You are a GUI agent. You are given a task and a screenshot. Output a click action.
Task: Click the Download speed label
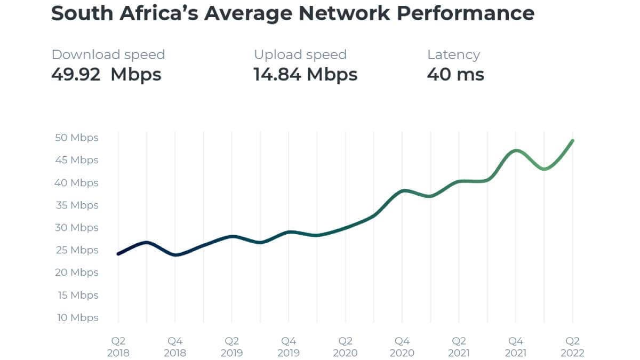click(x=108, y=54)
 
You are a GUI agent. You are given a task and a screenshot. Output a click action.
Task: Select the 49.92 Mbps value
click(x=106, y=74)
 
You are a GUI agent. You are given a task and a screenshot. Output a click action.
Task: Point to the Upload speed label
click(x=300, y=54)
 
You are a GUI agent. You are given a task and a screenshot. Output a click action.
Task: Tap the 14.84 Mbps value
click(x=305, y=74)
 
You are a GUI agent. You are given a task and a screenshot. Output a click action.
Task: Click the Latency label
click(x=453, y=54)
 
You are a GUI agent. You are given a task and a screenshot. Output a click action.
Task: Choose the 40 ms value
click(x=455, y=74)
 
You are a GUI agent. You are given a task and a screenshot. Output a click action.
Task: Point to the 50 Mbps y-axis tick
click(x=77, y=138)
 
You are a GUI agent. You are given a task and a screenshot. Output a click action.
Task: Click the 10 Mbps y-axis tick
click(x=77, y=317)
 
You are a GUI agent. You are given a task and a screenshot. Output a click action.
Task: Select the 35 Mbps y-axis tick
click(x=77, y=205)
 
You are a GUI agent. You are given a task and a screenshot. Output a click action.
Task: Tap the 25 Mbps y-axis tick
click(x=77, y=250)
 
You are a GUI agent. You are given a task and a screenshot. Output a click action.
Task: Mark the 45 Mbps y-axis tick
click(x=77, y=160)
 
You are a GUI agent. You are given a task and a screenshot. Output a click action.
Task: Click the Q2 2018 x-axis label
click(x=118, y=347)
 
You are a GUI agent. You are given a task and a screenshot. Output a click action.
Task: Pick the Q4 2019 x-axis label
click(x=289, y=347)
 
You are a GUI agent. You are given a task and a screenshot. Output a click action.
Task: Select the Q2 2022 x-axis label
click(x=573, y=347)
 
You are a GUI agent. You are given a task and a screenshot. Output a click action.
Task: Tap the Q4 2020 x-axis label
click(x=402, y=347)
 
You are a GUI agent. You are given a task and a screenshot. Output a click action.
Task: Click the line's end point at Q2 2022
click(x=573, y=140)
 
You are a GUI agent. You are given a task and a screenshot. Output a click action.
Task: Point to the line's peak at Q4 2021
click(x=516, y=150)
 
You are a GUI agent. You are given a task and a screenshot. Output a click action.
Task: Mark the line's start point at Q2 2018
click(x=118, y=254)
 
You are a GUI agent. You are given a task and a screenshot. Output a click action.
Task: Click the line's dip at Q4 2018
click(x=175, y=255)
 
